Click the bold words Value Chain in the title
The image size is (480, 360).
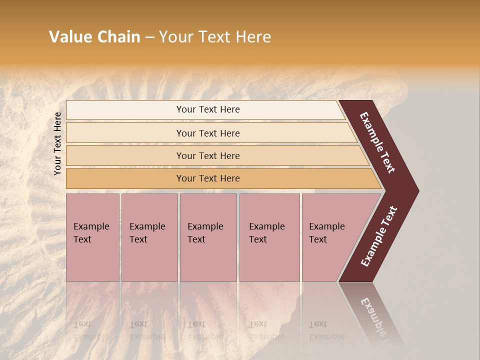94,37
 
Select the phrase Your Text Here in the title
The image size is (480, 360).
215,37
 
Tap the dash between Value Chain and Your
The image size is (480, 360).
149,37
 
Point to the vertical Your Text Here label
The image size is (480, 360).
57,143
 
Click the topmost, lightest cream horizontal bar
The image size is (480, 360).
205,109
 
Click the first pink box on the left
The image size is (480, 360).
92,237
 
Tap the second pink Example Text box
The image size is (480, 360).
149,237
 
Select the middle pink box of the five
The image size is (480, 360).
208,237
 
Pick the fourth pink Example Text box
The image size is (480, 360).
269,237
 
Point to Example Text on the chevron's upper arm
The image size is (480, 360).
377,142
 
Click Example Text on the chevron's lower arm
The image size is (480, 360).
378,236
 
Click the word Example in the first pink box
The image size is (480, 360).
91,226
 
